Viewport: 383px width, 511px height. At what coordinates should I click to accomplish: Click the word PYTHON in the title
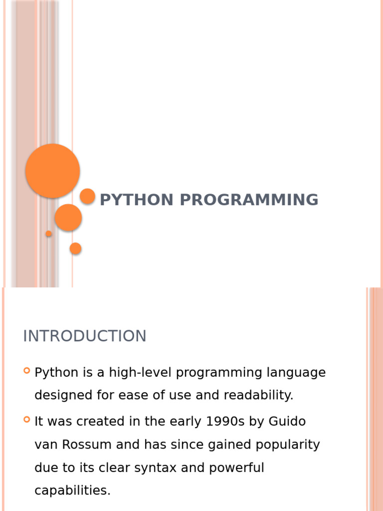(x=137, y=200)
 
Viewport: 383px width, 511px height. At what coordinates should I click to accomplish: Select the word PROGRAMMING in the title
(x=249, y=200)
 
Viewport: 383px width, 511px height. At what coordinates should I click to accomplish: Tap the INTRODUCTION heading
(x=85, y=336)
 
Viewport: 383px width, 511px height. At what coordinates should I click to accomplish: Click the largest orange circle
(x=52, y=171)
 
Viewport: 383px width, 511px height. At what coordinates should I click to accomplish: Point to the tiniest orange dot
(x=48, y=234)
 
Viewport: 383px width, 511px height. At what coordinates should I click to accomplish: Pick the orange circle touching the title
(x=87, y=196)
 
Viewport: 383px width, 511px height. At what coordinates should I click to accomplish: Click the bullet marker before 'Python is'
(x=27, y=371)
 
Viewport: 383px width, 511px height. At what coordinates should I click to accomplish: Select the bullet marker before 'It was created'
(x=27, y=419)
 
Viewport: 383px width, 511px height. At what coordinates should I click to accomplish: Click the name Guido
(x=287, y=421)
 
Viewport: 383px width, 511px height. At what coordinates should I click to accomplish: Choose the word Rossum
(x=87, y=445)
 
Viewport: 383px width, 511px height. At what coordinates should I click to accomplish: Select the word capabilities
(x=73, y=491)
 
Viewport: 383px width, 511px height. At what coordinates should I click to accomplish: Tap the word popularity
(x=288, y=445)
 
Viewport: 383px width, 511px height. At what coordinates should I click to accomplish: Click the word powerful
(x=236, y=468)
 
